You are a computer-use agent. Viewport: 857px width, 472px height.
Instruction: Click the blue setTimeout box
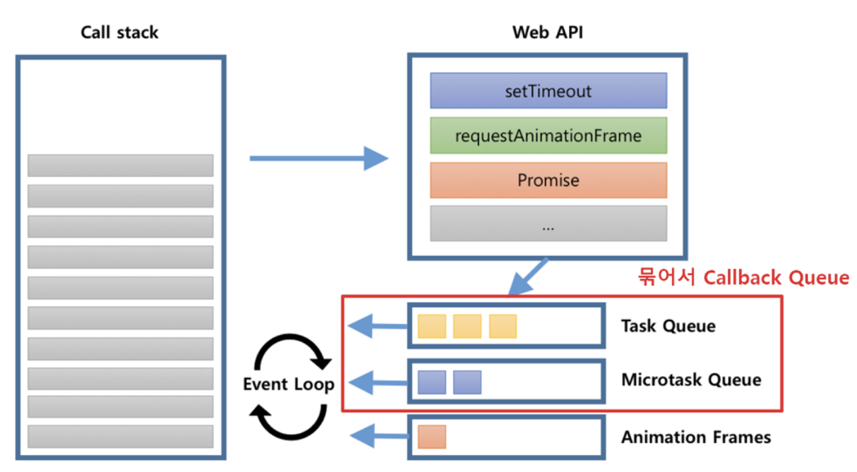point(548,90)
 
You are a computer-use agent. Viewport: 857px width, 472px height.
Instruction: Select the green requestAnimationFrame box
point(548,135)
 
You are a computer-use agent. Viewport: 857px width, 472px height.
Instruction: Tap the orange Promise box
point(548,180)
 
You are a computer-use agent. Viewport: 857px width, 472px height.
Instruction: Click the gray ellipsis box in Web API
point(548,225)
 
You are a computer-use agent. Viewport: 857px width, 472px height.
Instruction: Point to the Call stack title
point(120,32)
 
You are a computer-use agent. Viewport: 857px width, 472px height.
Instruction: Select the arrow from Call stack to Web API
point(318,158)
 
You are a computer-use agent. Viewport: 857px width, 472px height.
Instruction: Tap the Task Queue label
point(668,326)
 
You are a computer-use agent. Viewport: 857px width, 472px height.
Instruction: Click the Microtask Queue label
point(691,380)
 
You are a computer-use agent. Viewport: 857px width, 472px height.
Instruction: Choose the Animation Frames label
point(695,437)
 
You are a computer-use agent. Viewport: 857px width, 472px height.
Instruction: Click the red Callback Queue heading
point(743,278)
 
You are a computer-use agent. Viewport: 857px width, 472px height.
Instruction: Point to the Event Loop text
point(288,385)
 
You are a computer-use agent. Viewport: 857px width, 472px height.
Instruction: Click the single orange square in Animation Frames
point(431,437)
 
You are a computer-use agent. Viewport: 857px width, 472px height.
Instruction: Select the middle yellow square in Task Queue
point(467,326)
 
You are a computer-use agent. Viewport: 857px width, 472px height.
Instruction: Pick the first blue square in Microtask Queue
point(431,382)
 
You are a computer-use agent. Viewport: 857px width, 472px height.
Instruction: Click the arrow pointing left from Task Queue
point(378,326)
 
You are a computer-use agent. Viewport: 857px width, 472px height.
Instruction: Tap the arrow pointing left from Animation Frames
point(378,437)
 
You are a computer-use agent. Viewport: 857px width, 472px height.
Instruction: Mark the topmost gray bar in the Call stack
point(120,165)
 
